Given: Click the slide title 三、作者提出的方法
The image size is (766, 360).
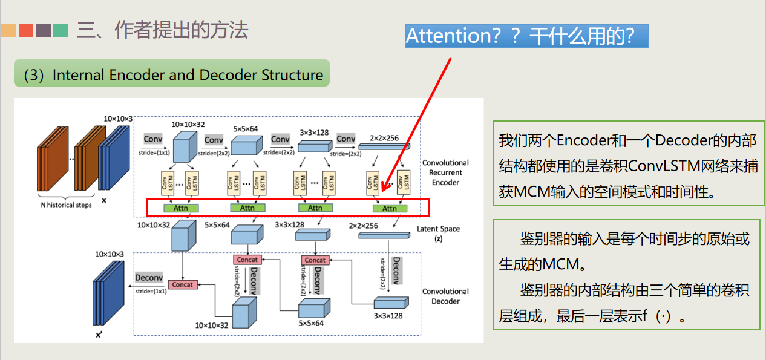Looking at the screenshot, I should pos(162,30).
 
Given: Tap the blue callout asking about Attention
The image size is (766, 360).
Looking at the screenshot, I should pos(526,36).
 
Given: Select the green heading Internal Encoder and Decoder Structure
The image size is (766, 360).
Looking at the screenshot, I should pos(172,75).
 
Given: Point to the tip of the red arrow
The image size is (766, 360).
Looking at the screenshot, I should pos(383,192).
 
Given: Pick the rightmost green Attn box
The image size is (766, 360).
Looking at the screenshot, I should pos(390,208).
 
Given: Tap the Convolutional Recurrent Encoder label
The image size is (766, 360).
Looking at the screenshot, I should pos(445,172).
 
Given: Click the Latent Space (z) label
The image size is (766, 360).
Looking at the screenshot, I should pos(438,234).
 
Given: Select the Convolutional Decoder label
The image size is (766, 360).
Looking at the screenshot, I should pos(445,296).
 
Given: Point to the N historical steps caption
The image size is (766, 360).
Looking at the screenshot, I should pos(66,205).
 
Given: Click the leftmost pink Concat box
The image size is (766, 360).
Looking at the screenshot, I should pos(183,284).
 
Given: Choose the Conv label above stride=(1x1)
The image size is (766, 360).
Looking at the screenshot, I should pos(152,139).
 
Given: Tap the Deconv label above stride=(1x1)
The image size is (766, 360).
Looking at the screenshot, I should pos(149,278).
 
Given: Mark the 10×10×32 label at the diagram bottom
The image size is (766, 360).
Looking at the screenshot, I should pos(211,326).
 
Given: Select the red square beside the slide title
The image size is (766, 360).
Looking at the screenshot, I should pos(26,30).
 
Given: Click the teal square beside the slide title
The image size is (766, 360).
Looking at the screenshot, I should pos(60,30).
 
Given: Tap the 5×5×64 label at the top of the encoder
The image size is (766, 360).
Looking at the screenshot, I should pos(245,129).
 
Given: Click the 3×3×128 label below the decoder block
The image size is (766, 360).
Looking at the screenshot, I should pos(388,316).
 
